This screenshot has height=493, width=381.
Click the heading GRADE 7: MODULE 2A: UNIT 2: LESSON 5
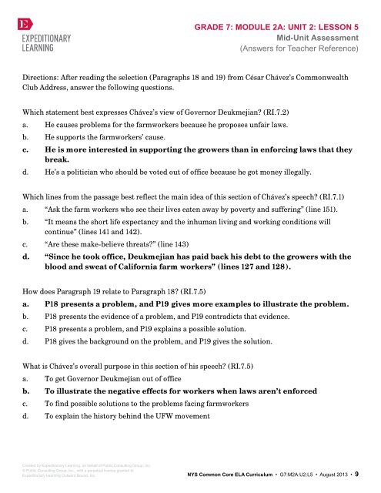coord(279,25)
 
